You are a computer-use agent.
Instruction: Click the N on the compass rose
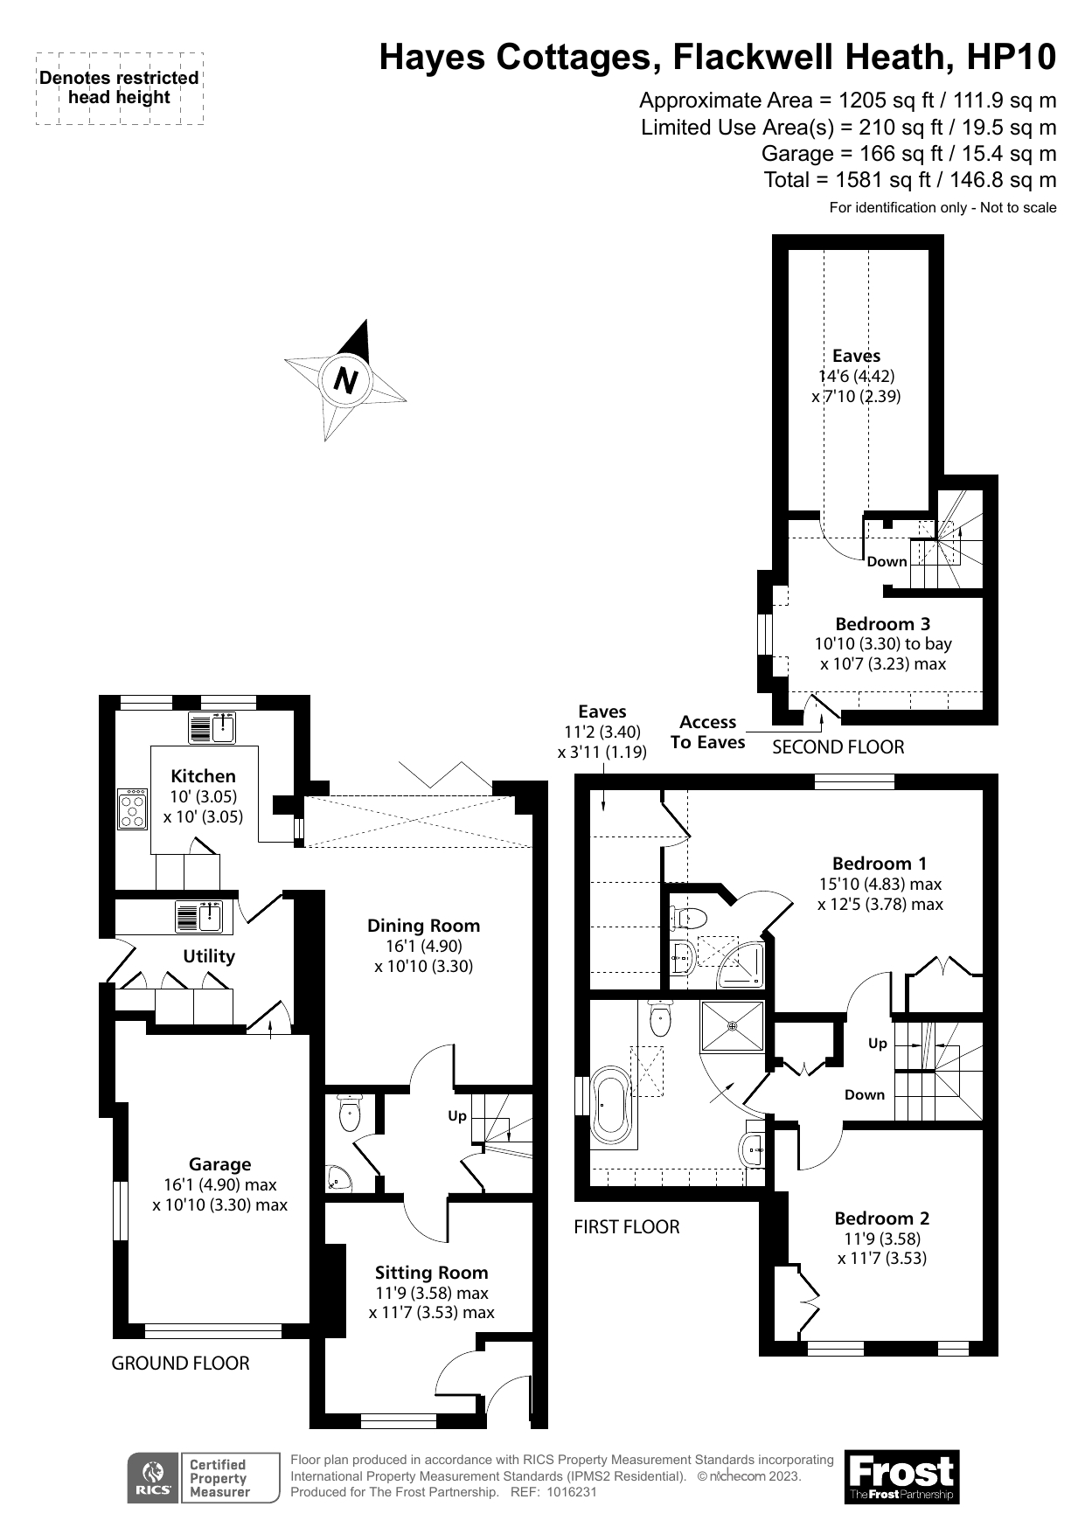point(347,380)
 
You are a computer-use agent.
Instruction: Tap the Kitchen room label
point(203,776)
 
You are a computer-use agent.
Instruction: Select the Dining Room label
point(423,926)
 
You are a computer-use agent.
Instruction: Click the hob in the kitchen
point(133,809)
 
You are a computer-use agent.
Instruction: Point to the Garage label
point(219,1164)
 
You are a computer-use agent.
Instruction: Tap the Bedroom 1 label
point(879,864)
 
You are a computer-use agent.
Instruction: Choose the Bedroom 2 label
point(881,1218)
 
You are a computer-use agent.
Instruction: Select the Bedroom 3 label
point(882,624)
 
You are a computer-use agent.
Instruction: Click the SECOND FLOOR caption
point(838,747)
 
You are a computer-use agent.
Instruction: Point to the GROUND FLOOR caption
point(180,1364)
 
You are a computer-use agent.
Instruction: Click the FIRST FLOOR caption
point(626,1227)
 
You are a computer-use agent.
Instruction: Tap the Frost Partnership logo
point(901,1476)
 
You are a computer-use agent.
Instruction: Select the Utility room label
point(208,956)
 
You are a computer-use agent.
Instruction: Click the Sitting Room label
point(431,1273)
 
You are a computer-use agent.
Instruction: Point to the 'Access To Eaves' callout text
point(707,732)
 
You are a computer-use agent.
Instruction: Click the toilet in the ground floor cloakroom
point(349,1113)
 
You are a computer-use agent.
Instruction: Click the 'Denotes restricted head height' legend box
point(120,87)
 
